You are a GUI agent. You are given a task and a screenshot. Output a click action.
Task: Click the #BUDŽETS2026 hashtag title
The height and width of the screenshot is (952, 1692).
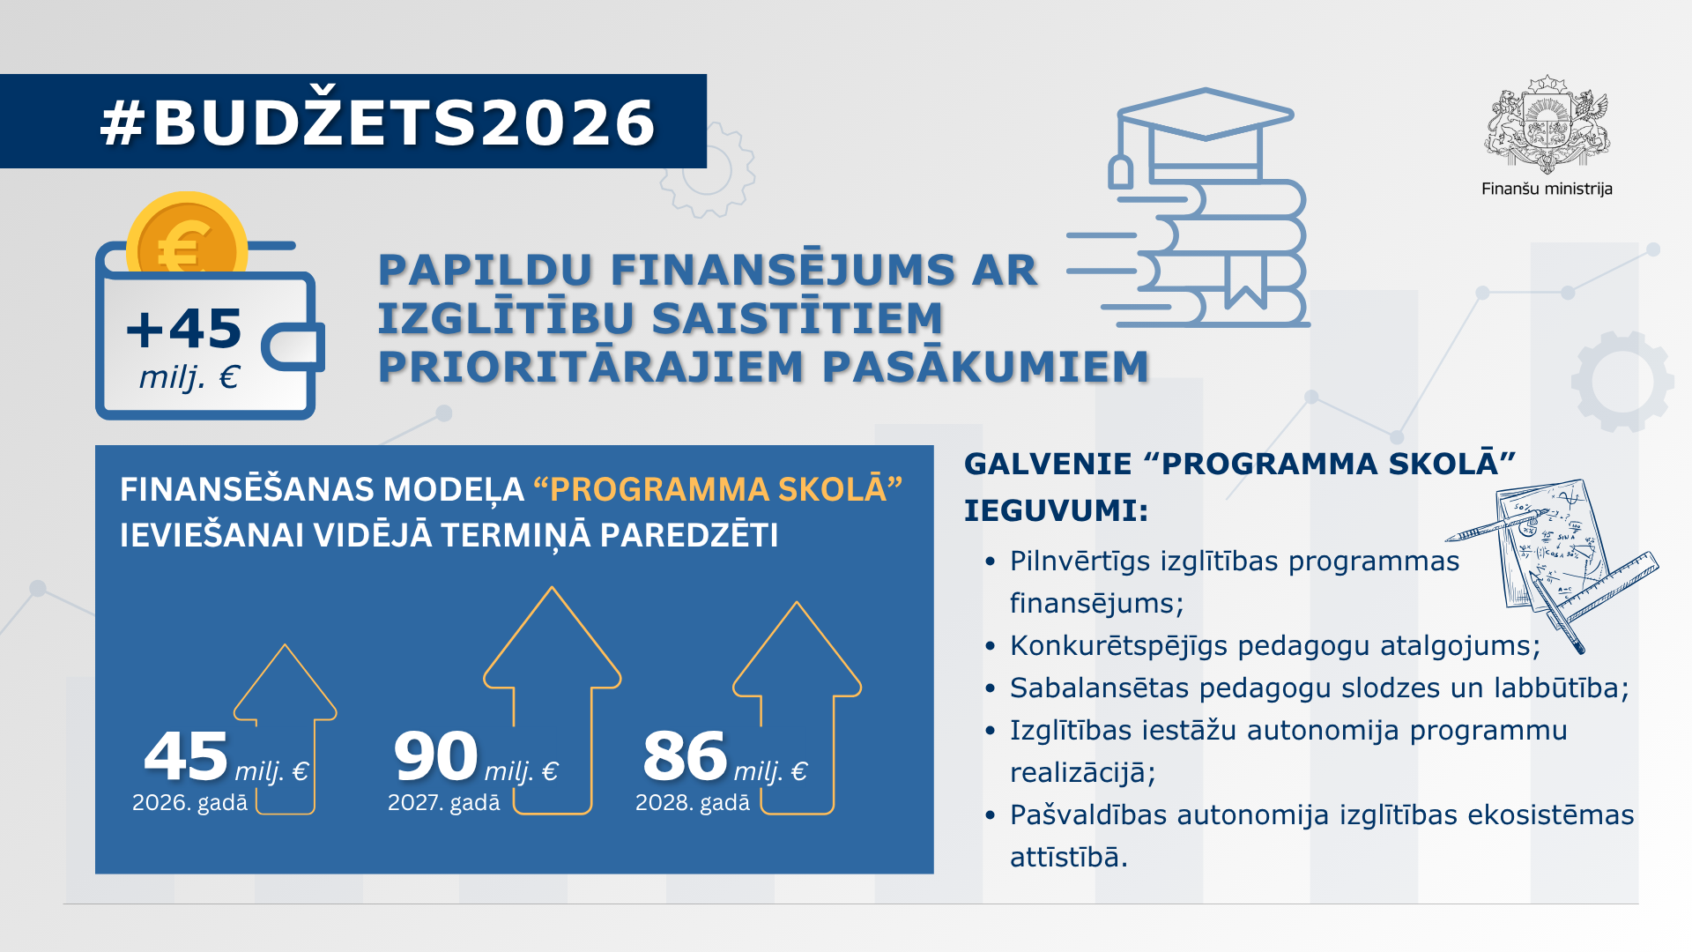[x=377, y=122]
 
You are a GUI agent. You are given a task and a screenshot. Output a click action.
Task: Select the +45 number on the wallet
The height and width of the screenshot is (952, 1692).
[x=184, y=329]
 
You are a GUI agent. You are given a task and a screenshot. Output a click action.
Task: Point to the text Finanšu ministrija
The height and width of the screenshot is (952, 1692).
[x=1547, y=189]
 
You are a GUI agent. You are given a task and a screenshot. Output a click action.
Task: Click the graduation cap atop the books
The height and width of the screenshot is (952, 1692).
[x=1205, y=115]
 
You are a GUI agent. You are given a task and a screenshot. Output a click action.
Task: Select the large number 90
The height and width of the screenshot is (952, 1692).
[x=435, y=756]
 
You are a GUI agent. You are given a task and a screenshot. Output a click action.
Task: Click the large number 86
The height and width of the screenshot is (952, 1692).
[x=685, y=756]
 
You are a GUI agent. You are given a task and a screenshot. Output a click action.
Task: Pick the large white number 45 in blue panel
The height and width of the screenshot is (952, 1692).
[x=186, y=756]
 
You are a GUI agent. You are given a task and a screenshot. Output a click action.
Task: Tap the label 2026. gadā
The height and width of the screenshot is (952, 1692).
[x=189, y=803]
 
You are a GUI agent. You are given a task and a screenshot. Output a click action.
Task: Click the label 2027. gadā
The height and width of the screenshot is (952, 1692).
[x=443, y=803]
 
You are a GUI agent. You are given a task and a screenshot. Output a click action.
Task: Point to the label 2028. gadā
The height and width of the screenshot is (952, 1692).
[x=693, y=803]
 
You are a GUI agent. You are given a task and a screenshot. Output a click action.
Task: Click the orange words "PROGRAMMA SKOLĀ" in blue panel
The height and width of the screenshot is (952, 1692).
[x=718, y=489]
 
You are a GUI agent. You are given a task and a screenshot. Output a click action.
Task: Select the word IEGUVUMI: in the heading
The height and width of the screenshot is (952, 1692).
[x=1056, y=510]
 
